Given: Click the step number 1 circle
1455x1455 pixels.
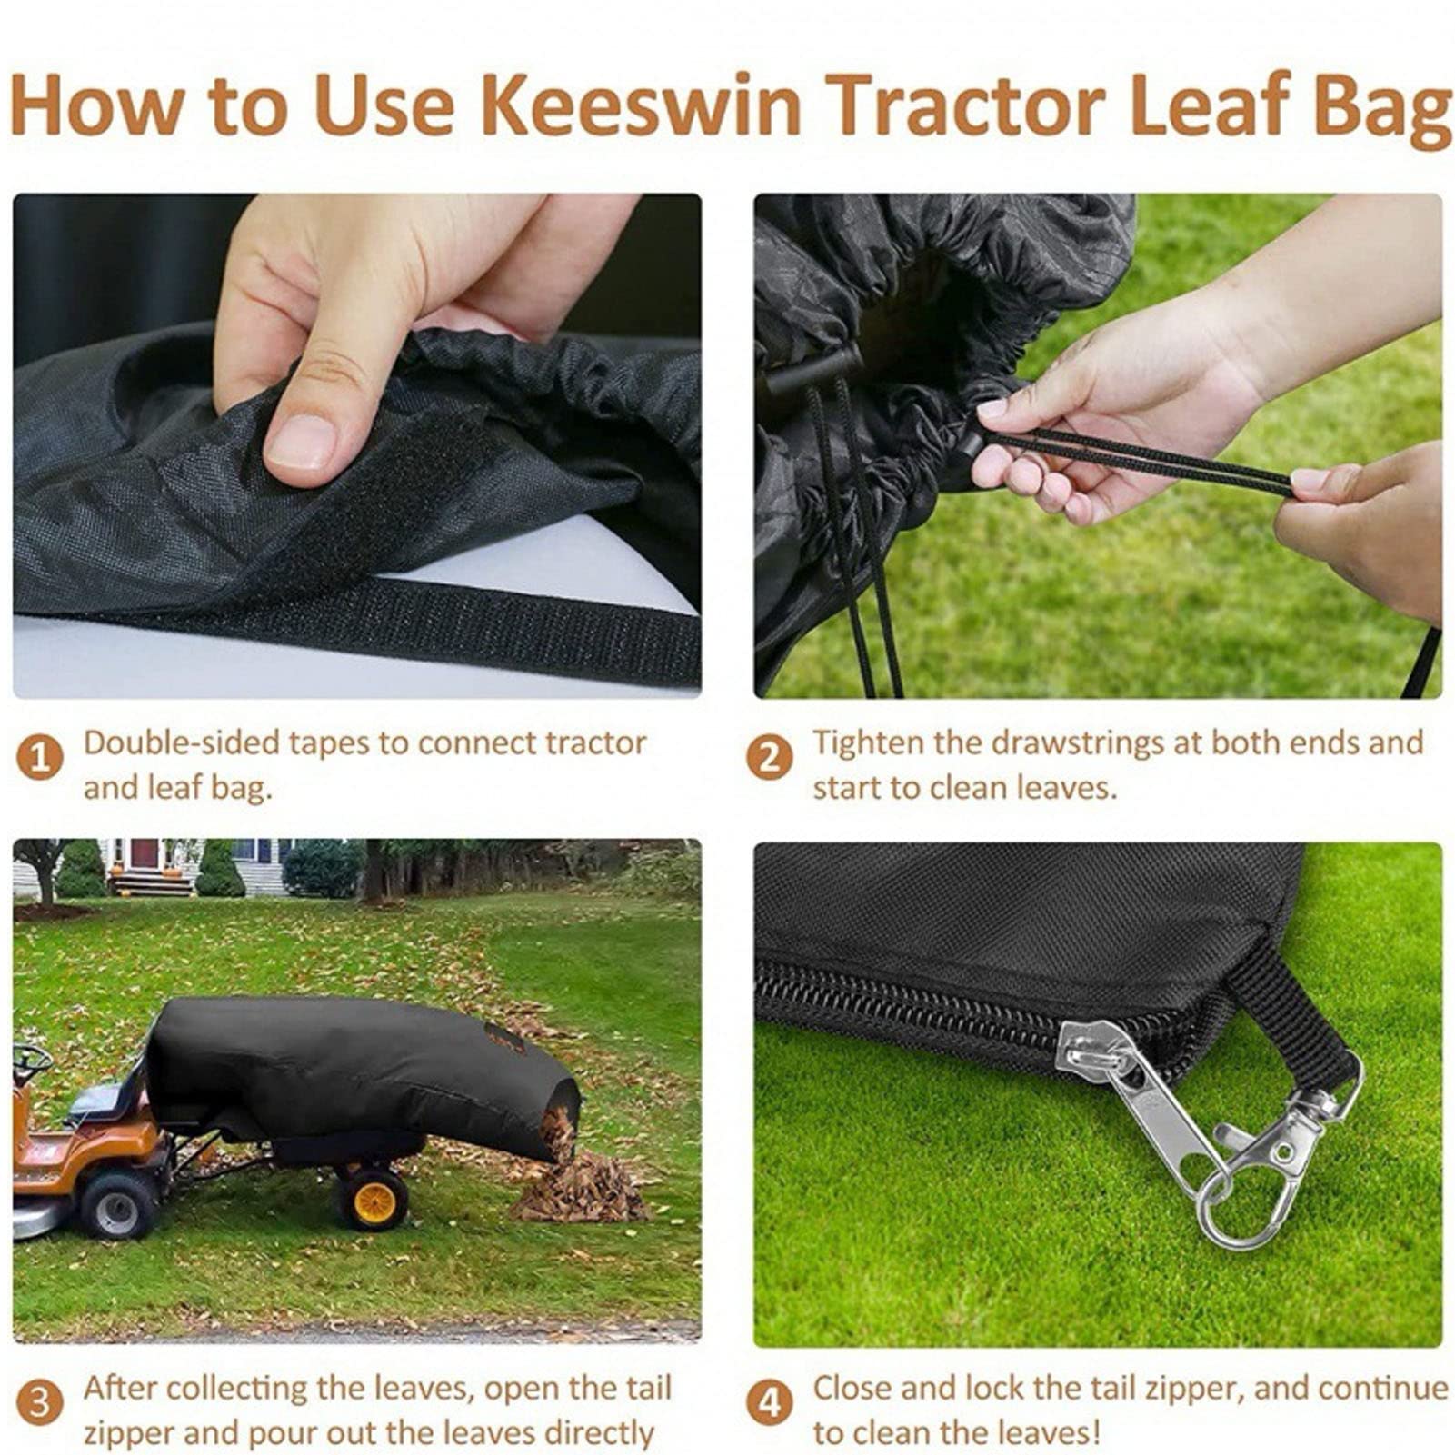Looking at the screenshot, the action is coord(40,758).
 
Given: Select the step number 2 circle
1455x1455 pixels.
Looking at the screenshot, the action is coord(769,758).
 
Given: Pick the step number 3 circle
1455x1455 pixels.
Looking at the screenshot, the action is coord(40,1403).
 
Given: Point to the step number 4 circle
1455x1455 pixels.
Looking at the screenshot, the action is coord(769,1403).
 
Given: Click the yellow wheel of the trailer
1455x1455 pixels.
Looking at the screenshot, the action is coord(374,1199).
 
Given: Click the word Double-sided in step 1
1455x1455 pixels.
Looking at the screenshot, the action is coord(182,743).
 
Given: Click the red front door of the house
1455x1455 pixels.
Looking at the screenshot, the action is coord(145,853).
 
